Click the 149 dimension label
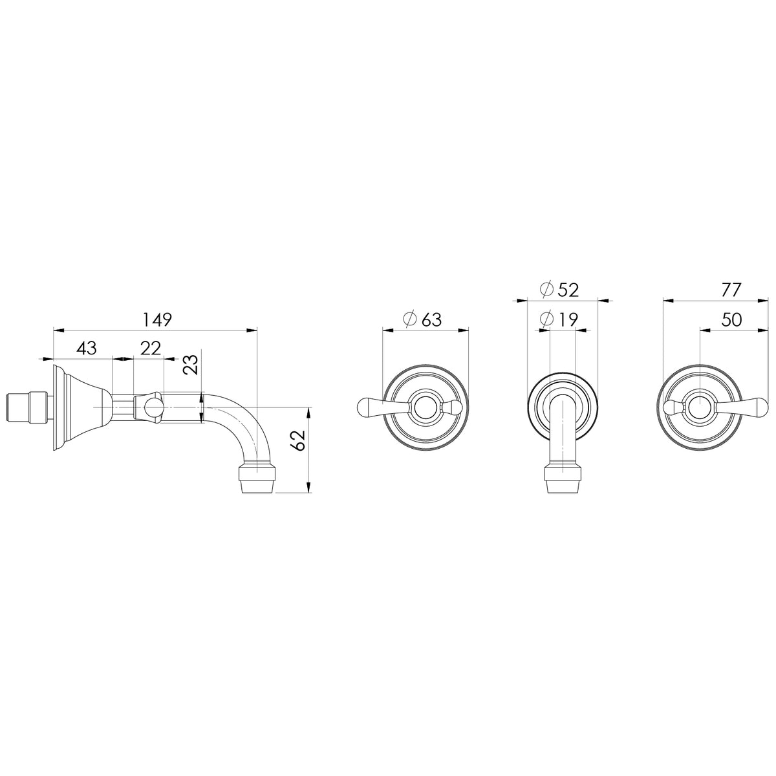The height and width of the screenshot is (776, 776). tap(157, 319)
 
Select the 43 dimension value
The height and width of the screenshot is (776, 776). tap(87, 348)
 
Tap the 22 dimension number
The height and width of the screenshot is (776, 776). tap(151, 348)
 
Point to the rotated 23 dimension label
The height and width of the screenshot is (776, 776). tap(191, 365)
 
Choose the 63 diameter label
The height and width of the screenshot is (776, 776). tap(432, 319)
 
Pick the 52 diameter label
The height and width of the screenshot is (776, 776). tap(568, 290)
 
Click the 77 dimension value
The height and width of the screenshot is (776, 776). tap(731, 290)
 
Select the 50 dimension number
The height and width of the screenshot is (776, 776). tap(731, 319)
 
